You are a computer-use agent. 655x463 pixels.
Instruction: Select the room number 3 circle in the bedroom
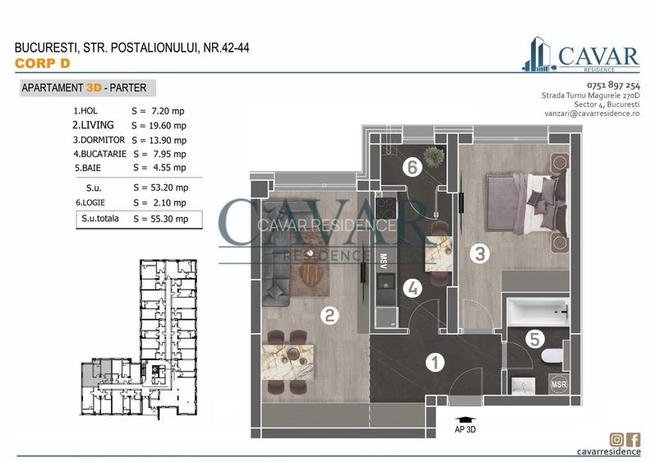pos(481,253)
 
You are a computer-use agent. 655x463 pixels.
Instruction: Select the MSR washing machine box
pos(558,385)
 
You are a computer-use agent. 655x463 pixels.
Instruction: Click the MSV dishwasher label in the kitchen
pos(382,262)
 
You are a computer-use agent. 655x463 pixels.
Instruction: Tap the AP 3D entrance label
pos(465,428)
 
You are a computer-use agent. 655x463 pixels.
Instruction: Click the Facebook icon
pos(634,440)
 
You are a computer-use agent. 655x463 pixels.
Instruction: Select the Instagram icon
pos(616,440)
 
